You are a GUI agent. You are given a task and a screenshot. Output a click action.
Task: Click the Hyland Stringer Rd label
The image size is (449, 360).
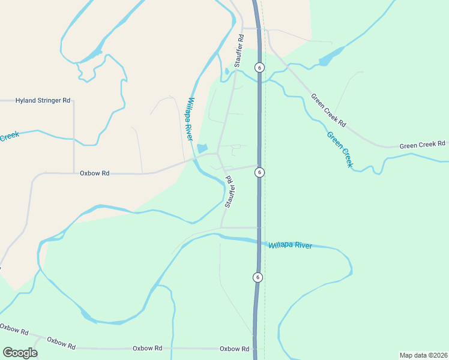point(43,101)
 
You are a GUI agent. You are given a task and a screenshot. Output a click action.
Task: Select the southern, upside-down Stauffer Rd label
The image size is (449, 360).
point(229,191)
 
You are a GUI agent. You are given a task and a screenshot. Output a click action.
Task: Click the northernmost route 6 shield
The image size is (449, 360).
point(259,67)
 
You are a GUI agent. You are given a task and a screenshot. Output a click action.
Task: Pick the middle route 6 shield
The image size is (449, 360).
point(259,172)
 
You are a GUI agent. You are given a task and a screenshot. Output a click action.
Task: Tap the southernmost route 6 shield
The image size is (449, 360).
point(257,277)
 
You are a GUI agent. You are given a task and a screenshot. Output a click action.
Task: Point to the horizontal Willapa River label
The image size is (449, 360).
point(290,245)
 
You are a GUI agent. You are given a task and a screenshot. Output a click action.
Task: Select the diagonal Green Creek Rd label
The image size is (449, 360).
point(328,110)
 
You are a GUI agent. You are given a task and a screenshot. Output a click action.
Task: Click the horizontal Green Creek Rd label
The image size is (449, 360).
point(422,145)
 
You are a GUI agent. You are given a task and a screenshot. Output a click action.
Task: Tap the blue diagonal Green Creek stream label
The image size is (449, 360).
point(340,149)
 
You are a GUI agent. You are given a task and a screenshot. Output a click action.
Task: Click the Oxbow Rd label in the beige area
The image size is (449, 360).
point(94,173)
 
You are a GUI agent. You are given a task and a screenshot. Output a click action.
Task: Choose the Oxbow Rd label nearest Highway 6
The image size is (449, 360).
point(234,349)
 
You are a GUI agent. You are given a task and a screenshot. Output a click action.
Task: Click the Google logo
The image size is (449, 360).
point(20,353)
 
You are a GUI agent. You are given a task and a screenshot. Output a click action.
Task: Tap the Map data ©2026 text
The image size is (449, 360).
point(423,355)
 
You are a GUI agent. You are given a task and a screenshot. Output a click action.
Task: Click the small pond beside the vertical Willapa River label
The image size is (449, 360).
point(202,148)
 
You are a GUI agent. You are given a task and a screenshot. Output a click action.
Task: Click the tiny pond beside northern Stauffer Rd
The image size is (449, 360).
point(226,71)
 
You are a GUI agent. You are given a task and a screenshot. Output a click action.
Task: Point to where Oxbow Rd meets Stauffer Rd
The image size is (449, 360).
point(217,154)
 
